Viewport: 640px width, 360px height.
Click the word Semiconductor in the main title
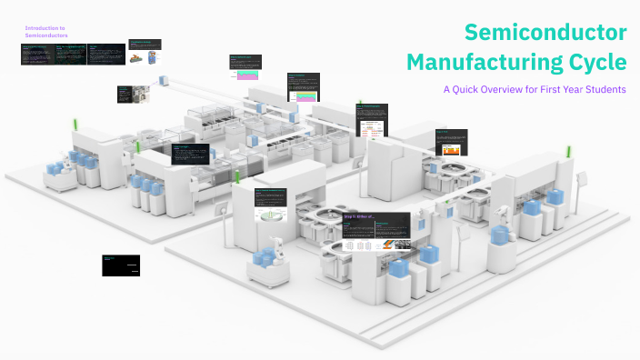[x=545, y=33]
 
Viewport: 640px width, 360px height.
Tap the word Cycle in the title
[x=595, y=63]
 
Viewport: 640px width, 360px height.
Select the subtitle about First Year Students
[x=535, y=90]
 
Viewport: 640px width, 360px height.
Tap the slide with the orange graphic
[x=450, y=144]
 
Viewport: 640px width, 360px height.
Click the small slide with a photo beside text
[x=126, y=94]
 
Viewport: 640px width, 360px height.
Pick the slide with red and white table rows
[x=372, y=118]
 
